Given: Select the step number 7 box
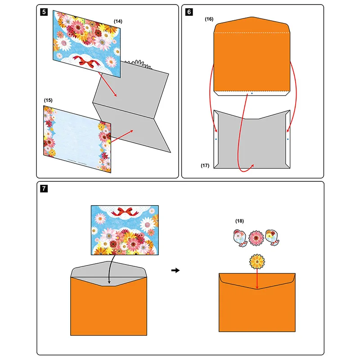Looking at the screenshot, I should click(43, 189).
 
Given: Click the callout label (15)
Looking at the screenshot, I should click(48, 99).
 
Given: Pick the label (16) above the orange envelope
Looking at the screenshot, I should click(209, 19).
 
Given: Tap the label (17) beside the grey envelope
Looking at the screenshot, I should click(206, 166).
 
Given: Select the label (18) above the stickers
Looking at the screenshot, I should click(240, 221).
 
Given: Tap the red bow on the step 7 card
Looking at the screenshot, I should click(124, 211).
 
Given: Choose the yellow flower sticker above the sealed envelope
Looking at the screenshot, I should click(256, 262).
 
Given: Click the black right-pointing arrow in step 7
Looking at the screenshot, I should click(176, 270).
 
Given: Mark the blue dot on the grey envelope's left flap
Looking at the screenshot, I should click(216, 139).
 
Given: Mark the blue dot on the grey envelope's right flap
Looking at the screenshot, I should click(288, 139).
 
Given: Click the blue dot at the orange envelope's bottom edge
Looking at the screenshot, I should click(252, 94).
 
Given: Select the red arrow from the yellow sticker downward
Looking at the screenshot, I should click(256, 279).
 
